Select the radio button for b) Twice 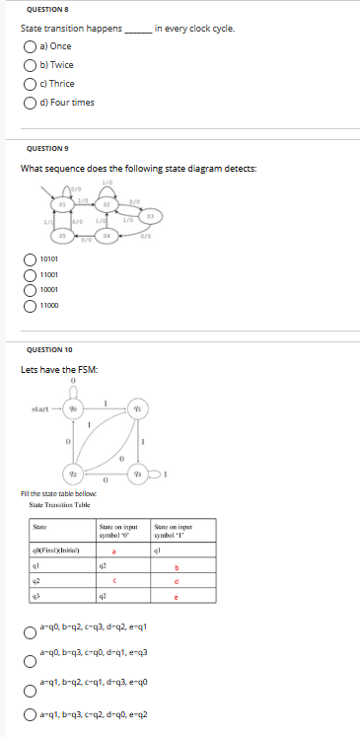[30, 64]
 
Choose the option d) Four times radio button [30, 102]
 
